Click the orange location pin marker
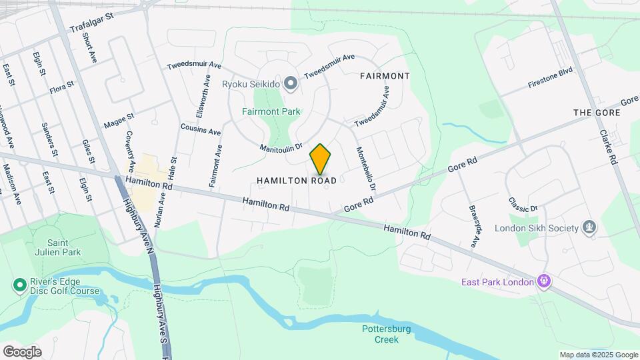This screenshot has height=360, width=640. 321,159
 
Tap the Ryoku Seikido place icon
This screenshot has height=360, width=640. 290,83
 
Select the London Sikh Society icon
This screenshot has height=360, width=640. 589,228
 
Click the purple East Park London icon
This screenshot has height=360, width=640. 545,282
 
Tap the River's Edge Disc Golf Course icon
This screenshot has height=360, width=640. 19,286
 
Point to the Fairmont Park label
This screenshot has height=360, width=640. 271,112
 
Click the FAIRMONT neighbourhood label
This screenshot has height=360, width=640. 385,76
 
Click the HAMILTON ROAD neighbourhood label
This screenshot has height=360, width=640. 297,181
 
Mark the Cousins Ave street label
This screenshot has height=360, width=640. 200,129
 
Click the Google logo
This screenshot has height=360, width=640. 22,351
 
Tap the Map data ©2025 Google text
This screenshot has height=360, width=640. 598,355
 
